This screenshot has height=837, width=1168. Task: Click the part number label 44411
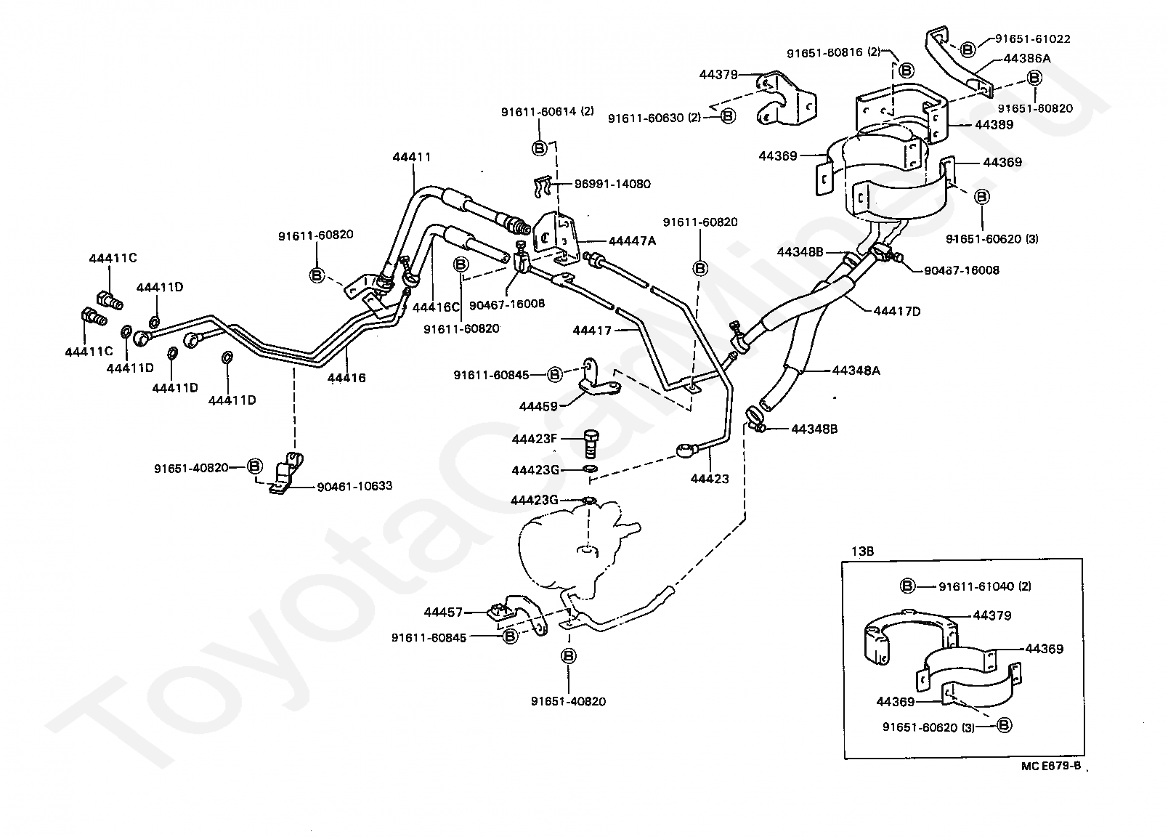click(x=412, y=156)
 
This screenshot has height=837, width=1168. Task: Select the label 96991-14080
click(x=612, y=184)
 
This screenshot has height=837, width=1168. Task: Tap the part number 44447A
click(x=632, y=240)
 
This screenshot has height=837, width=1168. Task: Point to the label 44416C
click(x=437, y=307)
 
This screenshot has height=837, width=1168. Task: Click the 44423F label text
click(x=535, y=439)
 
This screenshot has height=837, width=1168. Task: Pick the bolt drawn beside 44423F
click(x=591, y=444)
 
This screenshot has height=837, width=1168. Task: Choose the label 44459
click(x=538, y=406)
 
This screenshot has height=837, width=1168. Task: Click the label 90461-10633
click(x=354, y=486)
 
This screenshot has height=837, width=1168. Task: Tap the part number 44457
click(x=444, y=612)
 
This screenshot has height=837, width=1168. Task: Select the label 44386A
click(x=1027, y=58)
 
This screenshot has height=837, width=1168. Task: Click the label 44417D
click(x=897, y=311)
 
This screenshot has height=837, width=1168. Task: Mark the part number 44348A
click(x=856, y=371)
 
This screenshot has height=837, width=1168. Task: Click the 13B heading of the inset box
click(x=862, y=551)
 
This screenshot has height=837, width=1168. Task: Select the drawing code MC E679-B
click(x=1050, y=765)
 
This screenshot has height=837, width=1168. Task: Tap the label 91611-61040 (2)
click(x=984, y=586)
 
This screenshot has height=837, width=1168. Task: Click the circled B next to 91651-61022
click(x=968, y=49)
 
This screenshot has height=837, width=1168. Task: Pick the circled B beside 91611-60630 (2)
click(x=728, y=116)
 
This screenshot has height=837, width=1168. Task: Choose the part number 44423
click(x=710, y=479)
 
